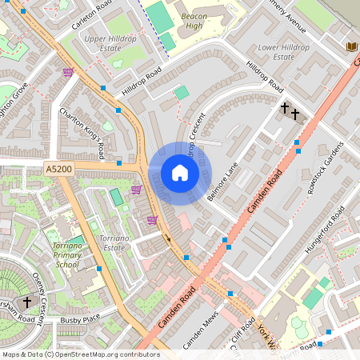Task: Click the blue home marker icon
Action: tap(180, 173)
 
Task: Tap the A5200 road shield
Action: tap(58, 170)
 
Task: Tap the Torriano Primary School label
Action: tap(62, 254)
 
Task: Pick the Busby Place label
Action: tap(80, 319)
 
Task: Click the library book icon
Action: tap(351, 46)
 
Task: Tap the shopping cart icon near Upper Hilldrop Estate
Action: tap(68, 72)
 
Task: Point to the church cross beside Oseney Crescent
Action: tap(27, 302)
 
